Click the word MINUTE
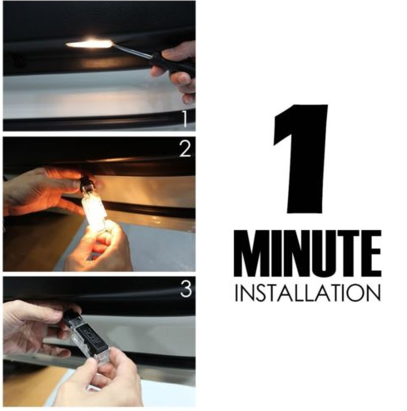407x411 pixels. [x=307, y=253]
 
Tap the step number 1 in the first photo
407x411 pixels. [x=187, y=118]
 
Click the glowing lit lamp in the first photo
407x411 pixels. [x=88, y=43]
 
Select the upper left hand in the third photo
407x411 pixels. [x=33, y=325]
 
